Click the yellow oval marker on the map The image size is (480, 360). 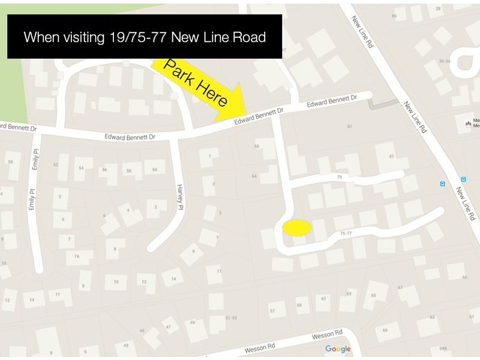pyautogui.click(x=296, y=227)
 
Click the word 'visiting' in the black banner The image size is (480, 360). pyautogui.click(x=83, y=37)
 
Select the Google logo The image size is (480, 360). pyautogui.click(x=338, y=349)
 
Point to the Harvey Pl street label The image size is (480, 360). pyautogui.click(x=179, y=197)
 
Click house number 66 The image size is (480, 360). pyautogui.click(x=257, y=146)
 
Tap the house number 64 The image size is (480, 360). pyautogui.click(x=254, y=176)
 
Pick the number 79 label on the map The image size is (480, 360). pyautogui.click(x=339, y=178)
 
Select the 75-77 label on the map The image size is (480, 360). pyautogui.click(x=346, y=233)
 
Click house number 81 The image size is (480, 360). pyautogui.click(x=391, y=157)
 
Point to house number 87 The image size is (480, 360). pyautogui.click(x=350, y=127)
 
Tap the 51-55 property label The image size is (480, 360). pyautogui.click(x=232, y=317)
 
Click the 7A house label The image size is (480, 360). pyautogui.click(x=76, y=256)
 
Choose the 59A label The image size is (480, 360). pyautogui.click(x=443, y=348)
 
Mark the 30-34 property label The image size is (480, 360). pyautogui.click(x=445, y=61)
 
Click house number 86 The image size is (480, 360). pyautogui.click(x=394, y=17)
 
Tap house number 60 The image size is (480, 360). pyautogui.click(x=154, y=170)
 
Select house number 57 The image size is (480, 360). pyautogui.click(x=272, y=311)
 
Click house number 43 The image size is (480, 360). pyautogui.click(x=126, y=345)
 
